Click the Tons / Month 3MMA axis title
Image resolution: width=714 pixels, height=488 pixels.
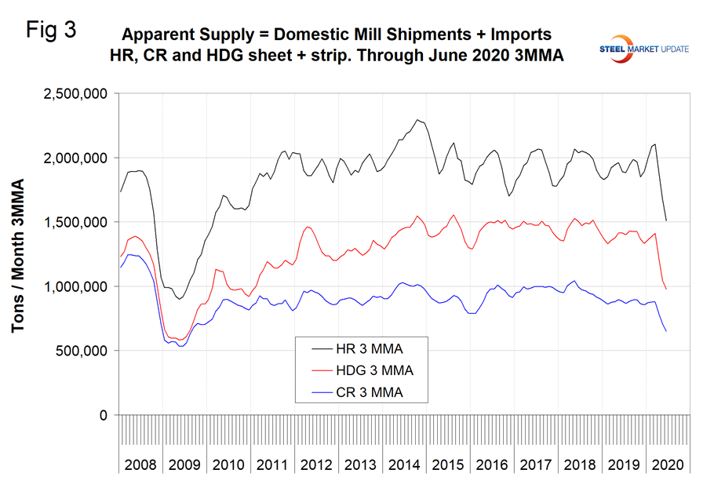tap(18, 255)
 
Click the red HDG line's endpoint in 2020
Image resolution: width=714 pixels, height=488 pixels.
tap(666, 289)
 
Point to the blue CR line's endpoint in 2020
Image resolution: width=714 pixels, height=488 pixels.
tap(666, 331)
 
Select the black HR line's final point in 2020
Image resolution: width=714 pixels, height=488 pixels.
tap(666, 220)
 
